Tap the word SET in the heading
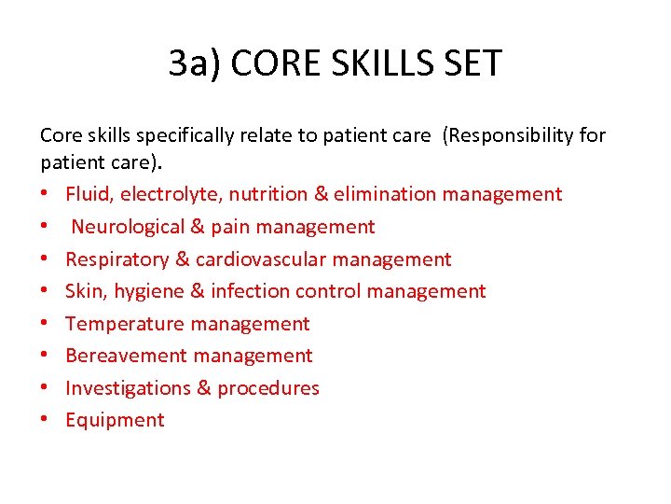pyautogui.click(x=472, y=63)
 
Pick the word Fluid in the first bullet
pyautogui.click(x=86, y=194)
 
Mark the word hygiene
pyautogui.click(x=149, y=292)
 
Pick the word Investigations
pyautogui.click(x=128, y=388)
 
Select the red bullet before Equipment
pyautogui.click(x=45, y=421)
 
